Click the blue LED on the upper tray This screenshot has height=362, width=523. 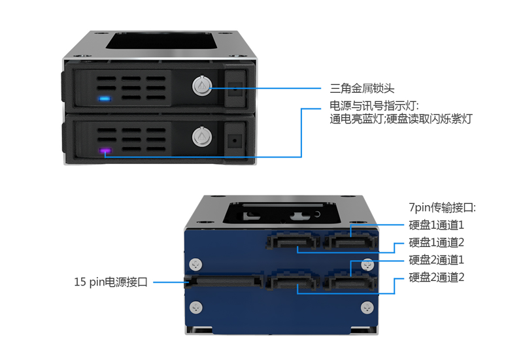pos(105,99)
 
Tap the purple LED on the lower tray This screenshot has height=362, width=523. pos(105,151)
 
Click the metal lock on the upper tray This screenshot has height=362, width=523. pos(202,86)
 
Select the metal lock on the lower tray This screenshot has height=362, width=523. pos(202,137)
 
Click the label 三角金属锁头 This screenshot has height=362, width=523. pos(362,88)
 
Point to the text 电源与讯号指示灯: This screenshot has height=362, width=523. pos(374,106)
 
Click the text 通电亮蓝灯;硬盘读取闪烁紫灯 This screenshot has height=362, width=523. pos(401,119)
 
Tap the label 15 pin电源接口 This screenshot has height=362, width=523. pos(110,282)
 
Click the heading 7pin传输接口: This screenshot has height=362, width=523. pos(443,208)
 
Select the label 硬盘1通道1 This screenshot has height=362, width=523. pos(436,225)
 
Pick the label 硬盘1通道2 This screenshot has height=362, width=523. pos(436,242)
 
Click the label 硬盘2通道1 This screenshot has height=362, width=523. pos(436,260)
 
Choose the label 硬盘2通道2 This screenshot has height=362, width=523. pos(436,277)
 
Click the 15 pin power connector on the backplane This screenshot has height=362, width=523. pos(224,281)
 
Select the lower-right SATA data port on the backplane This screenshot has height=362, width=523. pos(350,282)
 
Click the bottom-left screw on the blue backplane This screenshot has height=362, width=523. pos(195,307)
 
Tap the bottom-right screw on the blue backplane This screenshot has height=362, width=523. pos(367,308)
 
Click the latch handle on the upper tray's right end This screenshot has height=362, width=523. pos(235,88)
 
